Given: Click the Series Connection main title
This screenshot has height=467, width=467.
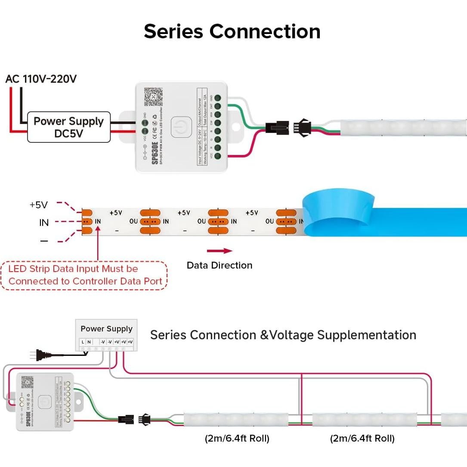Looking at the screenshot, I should pyautogui.click(x=232, y=31).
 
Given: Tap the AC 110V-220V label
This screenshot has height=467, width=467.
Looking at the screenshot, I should pyautogui.click(x=41, y=79).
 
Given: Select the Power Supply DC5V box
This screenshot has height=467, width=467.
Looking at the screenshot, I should pyautogui.click(x=69, y=127).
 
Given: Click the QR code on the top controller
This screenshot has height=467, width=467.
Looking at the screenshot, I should pyautogui.click(x=153, y=97).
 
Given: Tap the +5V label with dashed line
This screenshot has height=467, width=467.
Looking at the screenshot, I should pyautogui.click(x=39, y=205).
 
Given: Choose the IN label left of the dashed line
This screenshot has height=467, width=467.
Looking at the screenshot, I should pyautogui.click(x=44, y=223).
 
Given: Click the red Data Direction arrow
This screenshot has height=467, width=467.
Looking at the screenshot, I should pyautogui.click(x=220, y=251).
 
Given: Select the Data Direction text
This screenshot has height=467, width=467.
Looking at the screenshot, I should pyautogui.click(x=220, y=265).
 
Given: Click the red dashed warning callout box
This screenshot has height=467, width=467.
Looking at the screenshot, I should pyautogui.click(x=85, y=275).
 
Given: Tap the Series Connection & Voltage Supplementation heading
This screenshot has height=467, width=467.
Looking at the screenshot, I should pyautogui.click(x=283, y=335).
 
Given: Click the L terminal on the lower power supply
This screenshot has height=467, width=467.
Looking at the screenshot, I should pyautogui.click(x=83, y=342).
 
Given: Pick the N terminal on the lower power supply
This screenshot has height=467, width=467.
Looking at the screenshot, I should pyautogui.click(x=89, y=342).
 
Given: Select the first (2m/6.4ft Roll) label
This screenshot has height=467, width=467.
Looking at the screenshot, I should pyautogui.click(x=237, y=439).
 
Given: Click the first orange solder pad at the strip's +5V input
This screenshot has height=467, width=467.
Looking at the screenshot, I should pyautogui.click(x=87, y=213).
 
